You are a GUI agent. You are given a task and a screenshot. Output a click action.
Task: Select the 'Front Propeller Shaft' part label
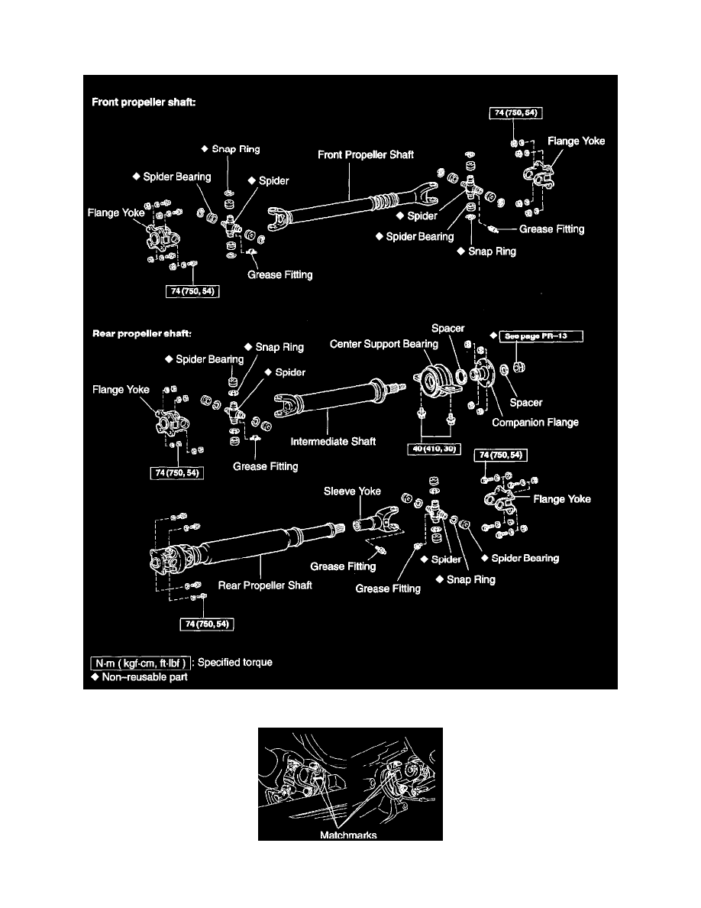pyautogui.click(x=366, y=154)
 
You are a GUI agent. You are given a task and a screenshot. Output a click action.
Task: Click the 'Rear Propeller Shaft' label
pyautogui.click(x=265, y=585)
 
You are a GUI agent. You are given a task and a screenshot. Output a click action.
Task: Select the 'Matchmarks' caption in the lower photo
pyautogui.click(x=350, y=835)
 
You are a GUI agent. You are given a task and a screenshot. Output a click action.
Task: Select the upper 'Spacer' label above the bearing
pyautogui.click(x=447, y=328)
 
